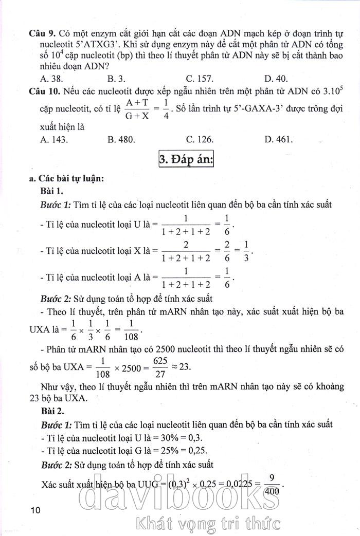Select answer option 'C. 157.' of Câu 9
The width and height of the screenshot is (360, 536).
click(201, 79)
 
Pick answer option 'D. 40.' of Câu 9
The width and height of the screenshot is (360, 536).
click(276, 79)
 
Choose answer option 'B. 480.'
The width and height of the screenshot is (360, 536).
click(121, 139)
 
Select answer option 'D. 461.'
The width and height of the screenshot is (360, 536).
click(279, 139)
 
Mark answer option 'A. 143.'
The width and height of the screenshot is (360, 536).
click(53, 139)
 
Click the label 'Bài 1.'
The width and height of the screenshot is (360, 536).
click(52, 191)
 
